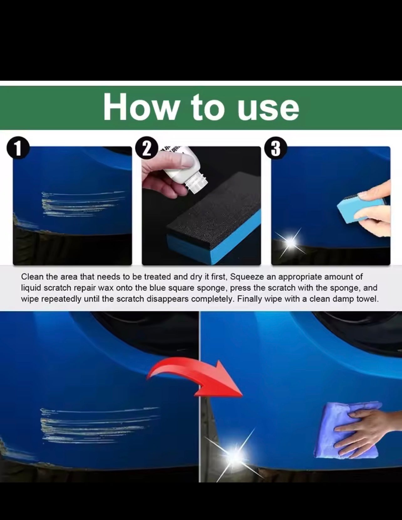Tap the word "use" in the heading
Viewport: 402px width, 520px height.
[268, 110]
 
